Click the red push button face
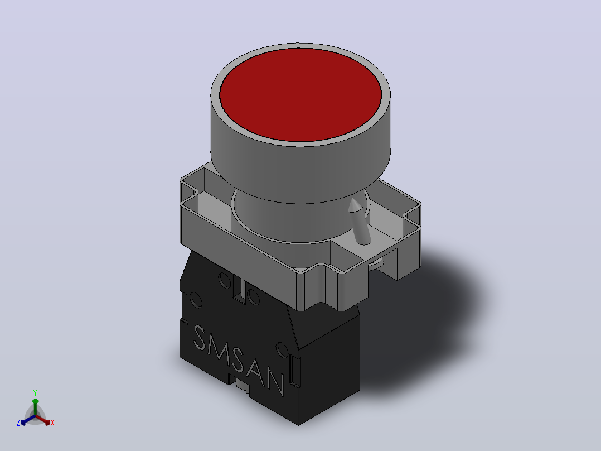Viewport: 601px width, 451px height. coord(300,94)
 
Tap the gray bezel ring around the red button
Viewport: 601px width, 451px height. coord(300,143)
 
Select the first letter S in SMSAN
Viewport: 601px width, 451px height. coord(200,338)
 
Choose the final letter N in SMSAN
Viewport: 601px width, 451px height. coord(276,382)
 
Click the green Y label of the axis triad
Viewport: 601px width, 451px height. coord(35,393)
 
